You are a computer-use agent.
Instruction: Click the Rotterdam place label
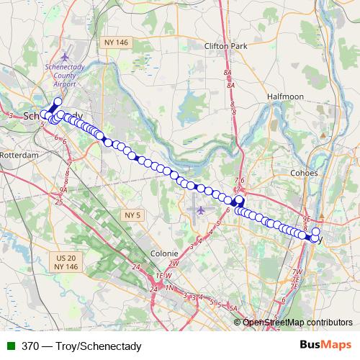pyautogui.click(x=19, y=155)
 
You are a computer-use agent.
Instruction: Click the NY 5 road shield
pyautogui.click(x=131, y=215)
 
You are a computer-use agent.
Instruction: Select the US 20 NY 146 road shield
pyautogui.click(x=66, y=261)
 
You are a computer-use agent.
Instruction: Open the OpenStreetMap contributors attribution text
pyautogui.click(x=297, y=323)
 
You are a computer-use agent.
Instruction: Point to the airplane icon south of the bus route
pyautogui.click(x=199, y=210)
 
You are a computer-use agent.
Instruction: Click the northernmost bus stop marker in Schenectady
pyautogui.click(x=58, y=100)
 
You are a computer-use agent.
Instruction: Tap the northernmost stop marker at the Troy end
pyautogui.click(x=315, y=231)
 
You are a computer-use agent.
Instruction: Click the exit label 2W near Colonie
pyautogui.click(x=174, y=264)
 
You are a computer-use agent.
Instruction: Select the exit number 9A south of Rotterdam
pyautogui.click(x=63, y=189)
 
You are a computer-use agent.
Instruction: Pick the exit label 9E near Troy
pyautogui.click(x=305, y=217)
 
